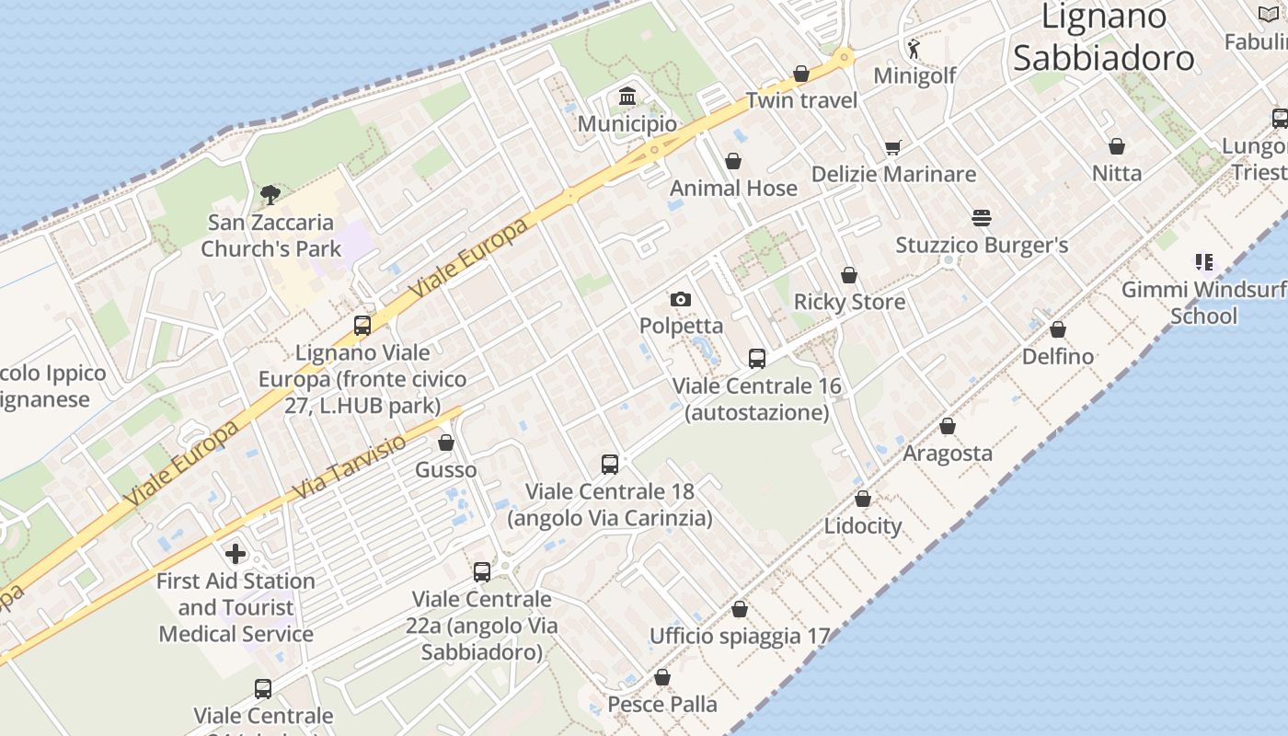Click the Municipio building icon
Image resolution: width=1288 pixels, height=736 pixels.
click(628, 96)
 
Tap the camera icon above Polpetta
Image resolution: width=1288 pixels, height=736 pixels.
click(681, 299)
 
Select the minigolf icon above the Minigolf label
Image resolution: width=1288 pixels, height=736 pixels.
click(914, 48)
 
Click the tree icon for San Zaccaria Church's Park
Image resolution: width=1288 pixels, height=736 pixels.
click(270, 194)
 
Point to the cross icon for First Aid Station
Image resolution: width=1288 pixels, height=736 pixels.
click(236, 554)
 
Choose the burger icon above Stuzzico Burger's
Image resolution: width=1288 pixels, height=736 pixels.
click(982, 218)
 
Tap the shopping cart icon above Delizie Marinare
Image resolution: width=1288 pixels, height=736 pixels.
click(892, 147)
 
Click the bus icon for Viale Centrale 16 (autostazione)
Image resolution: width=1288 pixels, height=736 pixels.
click(757, 359)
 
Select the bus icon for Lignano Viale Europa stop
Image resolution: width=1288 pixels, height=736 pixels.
click(362, 325)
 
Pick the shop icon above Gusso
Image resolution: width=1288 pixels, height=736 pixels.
click(446, 443)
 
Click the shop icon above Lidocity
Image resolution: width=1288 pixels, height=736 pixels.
click(863, 499)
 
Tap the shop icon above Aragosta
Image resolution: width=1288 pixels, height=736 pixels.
click(948, 426)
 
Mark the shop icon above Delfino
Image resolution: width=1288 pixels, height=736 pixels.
click(1058, 329)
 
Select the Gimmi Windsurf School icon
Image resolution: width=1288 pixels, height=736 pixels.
click(1204, 262)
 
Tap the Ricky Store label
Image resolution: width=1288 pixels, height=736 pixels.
click(849, 302)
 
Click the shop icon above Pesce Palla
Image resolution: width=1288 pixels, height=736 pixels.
click(662, 678)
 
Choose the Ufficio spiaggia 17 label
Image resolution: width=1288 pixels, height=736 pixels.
click(740, 636)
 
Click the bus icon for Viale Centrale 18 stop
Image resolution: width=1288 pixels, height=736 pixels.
click(610, 465)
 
